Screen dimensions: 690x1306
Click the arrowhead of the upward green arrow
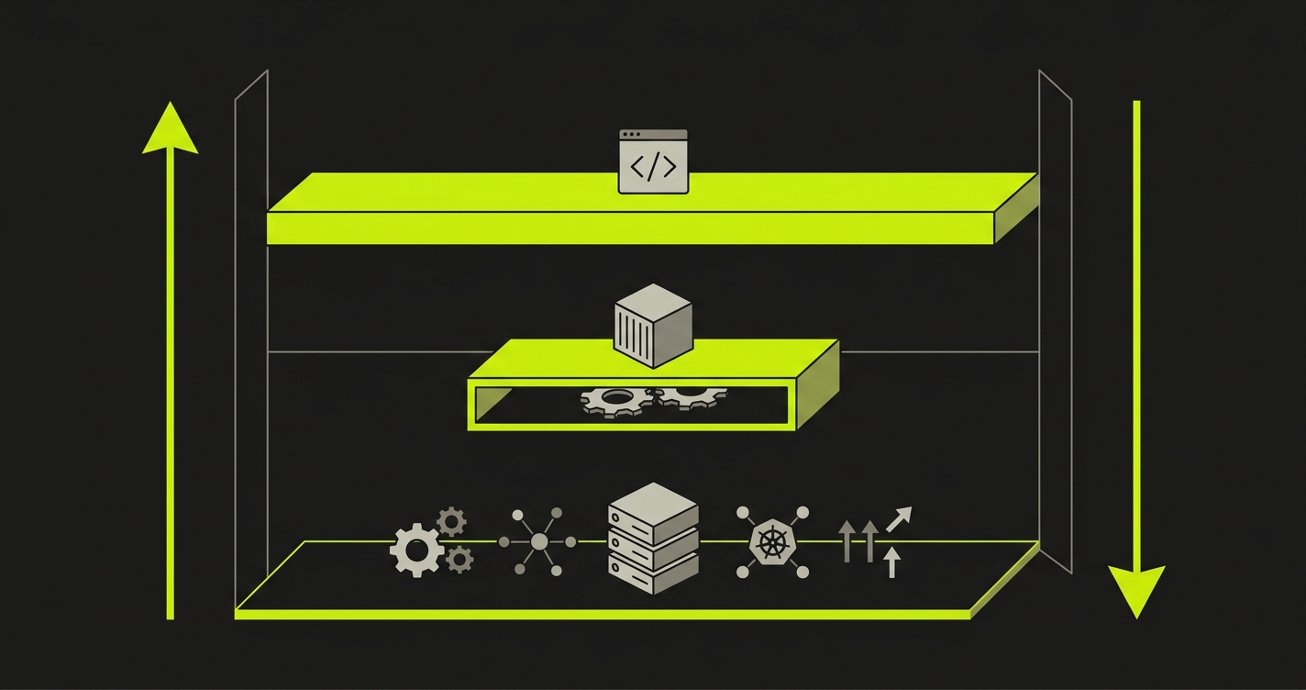[170, 130]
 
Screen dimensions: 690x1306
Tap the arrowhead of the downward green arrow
[1136, 589]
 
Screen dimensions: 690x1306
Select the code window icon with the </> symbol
[653, 162]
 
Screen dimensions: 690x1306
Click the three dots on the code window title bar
[631, 135]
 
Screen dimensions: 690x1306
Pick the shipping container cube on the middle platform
[651, 325]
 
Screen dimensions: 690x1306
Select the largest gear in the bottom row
[416, 550]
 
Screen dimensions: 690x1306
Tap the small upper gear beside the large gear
[450, 521]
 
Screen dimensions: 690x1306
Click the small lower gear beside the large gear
[459, 557]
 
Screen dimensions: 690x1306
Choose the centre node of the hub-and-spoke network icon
[539, 542]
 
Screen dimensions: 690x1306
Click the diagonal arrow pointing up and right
[899, 518]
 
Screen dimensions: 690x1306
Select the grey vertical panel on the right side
[1055, 321]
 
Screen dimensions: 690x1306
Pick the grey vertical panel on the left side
[250, 339]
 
